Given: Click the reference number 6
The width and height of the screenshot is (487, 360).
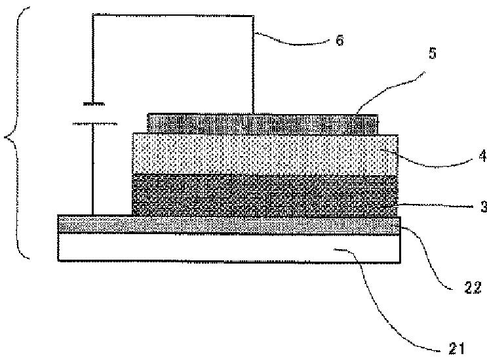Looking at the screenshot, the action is click(x=340, y=41).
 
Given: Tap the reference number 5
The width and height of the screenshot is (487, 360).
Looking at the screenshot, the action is click(x=433, y=53).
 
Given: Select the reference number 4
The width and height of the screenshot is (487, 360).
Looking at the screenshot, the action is click(x=482, y=156).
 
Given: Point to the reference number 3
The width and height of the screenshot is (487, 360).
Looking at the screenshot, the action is click(x=484, y=207).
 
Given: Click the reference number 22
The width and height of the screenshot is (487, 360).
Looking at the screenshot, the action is click(x=473, y=287).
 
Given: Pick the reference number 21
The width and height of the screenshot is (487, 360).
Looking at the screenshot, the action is click(x=457, y=349).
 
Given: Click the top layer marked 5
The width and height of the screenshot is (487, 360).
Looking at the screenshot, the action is click(x=262, y=124).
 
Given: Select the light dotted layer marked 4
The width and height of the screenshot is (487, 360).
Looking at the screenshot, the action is click(x=265, y=154).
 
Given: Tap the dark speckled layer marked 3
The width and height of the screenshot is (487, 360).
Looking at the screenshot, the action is click(x=265, y=195).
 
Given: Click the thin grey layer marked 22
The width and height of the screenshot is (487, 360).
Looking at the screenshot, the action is click(x=229, y=224).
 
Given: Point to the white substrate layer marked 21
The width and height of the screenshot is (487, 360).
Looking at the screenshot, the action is click(x=229, y=247).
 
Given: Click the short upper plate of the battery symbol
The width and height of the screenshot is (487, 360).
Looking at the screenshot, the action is click(x=94, y=104).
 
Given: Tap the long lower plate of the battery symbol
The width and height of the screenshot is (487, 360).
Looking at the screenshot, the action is click(x=95, y=124).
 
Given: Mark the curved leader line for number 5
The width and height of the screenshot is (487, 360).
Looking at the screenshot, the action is click(x=388, y=89).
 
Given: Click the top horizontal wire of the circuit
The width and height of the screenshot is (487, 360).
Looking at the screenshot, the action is click(x=173, y=15).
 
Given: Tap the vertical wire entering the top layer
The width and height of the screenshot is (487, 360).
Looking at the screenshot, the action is click(x=254, y=65).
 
